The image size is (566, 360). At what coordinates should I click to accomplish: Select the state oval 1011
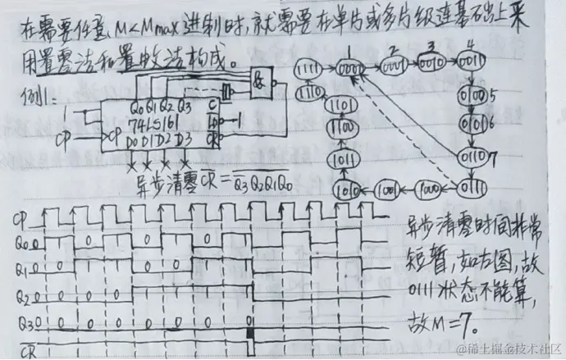pyautogui.click(x=345, y=157)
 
